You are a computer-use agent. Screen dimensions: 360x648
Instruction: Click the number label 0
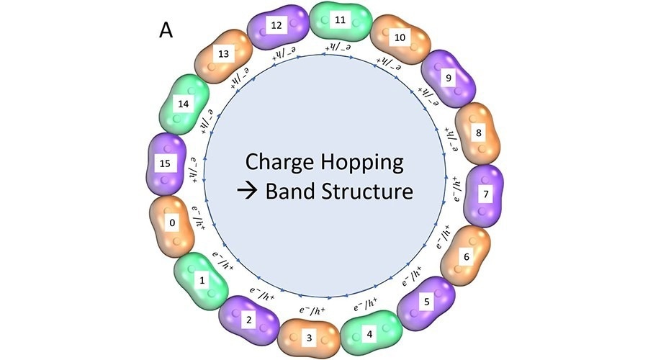pos(172,223)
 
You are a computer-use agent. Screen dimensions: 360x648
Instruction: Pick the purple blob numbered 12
pos(277,27)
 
